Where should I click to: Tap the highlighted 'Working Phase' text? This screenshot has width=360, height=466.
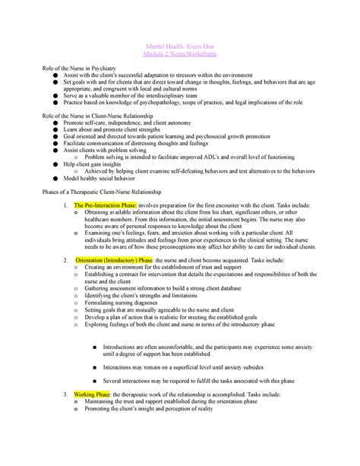pyautogui.click(x=93, y=396)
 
